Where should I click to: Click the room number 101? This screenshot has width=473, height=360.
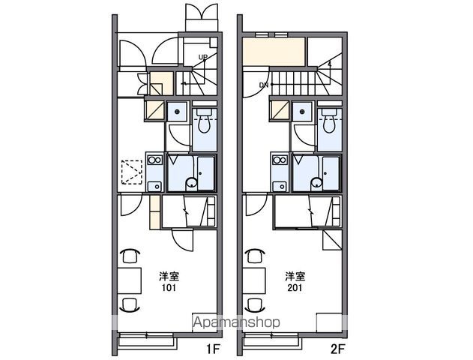169,287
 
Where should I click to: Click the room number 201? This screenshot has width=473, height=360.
295,287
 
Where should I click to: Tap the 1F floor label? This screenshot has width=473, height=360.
214,349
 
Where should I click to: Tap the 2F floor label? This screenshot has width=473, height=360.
337,349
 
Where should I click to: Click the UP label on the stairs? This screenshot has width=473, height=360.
203,57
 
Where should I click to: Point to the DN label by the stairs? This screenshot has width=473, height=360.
264,85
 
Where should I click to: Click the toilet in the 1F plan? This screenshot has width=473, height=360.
205,121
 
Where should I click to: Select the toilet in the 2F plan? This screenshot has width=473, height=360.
330,121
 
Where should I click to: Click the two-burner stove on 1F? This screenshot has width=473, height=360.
154,160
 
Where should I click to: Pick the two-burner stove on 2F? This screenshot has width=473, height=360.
280,160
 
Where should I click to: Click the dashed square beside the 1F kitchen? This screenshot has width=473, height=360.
132,172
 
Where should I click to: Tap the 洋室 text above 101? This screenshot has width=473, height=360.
169,276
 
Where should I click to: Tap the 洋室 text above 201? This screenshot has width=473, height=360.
295,276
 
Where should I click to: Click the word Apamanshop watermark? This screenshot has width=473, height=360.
236,322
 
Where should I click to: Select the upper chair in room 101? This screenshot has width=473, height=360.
130,256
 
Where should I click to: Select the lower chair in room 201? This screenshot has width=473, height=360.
256,304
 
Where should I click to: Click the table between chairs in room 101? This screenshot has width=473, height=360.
130,280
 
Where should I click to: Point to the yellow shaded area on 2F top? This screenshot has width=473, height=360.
274,52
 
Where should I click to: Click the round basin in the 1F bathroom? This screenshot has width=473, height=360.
191,182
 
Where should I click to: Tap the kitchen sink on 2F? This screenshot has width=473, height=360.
280,187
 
